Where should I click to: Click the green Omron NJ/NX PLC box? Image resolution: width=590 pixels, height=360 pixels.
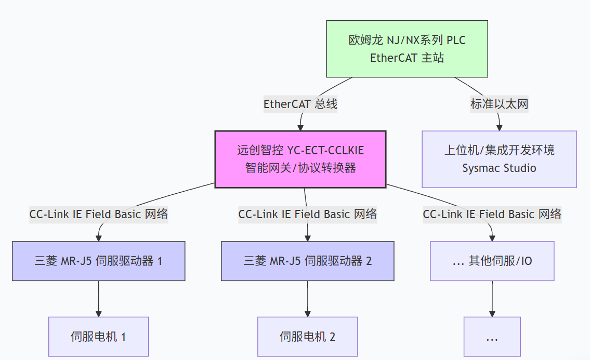407,49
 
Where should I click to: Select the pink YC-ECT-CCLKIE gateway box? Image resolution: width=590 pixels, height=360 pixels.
300,159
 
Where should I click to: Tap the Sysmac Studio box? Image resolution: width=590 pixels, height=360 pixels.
499,159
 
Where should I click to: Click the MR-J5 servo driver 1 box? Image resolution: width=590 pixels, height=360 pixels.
99,261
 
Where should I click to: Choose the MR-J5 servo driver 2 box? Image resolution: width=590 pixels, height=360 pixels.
308,261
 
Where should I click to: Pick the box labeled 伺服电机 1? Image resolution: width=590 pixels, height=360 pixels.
99,337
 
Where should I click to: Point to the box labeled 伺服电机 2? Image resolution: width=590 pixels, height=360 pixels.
308,337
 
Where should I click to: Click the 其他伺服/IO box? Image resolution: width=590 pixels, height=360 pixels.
492,261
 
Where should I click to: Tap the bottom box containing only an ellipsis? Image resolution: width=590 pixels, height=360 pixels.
492,337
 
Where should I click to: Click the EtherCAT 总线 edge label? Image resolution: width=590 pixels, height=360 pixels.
300,104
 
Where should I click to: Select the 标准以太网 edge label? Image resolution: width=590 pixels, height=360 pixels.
499,104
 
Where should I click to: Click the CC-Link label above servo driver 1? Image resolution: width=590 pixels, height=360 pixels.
99,214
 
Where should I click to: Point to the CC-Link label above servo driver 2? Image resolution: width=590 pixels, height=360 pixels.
308,214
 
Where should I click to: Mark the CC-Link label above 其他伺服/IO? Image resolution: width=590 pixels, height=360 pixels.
492,214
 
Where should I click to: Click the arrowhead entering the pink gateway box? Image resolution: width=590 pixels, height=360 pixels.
300,127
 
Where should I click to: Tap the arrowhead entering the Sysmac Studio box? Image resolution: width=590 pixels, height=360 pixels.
500,127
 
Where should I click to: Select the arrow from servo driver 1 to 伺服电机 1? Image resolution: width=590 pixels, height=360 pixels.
99,299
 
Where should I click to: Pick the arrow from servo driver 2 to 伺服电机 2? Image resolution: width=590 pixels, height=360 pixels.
308,299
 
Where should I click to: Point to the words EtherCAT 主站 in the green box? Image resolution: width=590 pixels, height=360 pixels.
407,58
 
